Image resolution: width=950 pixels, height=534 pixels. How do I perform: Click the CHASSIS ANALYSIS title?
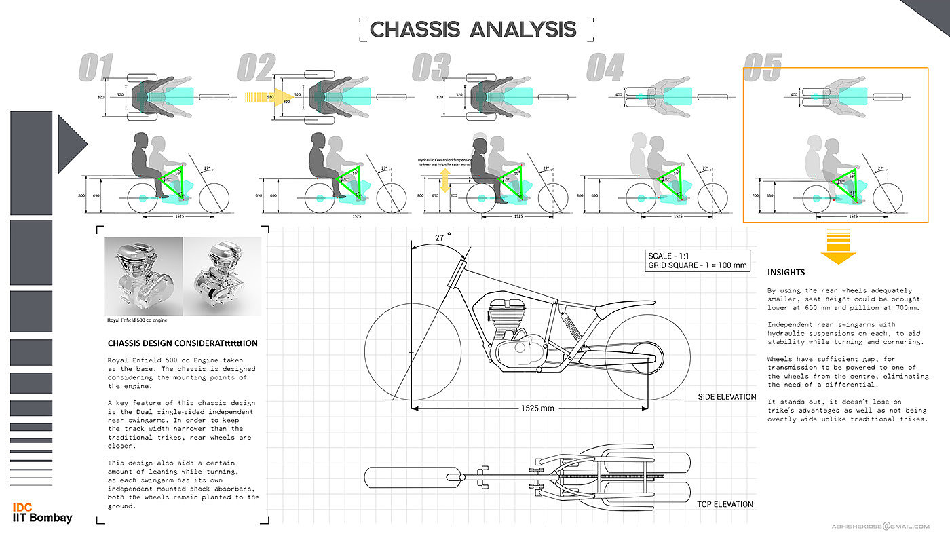(473, 30)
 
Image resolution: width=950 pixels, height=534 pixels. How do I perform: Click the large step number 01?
(97, 68)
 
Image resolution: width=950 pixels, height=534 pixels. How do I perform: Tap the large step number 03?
(432, 68)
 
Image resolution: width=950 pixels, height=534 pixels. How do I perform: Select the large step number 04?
(605, 68)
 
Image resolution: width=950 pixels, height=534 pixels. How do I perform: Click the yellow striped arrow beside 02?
(269, 98)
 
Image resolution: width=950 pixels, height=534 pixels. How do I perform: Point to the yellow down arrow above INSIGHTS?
(838, 246)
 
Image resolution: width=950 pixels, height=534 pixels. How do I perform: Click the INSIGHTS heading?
(786, 273)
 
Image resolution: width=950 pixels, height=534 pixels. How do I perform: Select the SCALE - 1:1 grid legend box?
(698, 261)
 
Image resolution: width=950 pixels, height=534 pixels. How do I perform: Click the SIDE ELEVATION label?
(727, 397)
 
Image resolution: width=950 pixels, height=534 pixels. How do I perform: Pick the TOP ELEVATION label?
(725, 504)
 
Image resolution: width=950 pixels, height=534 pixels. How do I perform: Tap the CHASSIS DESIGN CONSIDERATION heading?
(182, 343)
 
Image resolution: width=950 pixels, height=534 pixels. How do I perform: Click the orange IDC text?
(22, 508)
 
